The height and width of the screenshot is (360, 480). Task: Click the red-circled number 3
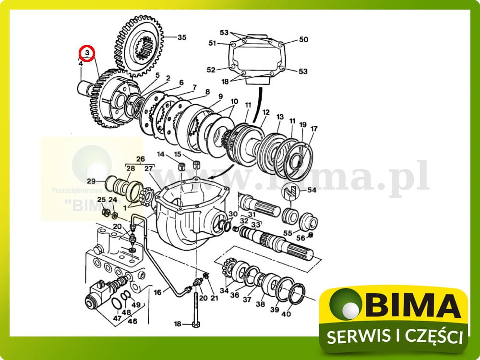click(x=87, y=52)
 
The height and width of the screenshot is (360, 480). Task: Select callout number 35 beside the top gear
click(x=182, y=37)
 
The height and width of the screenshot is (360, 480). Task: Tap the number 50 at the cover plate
click(x=303, y=39)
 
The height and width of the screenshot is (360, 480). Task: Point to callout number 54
click(x=312, y=191)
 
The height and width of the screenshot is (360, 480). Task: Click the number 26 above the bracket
click(x=140, y=159)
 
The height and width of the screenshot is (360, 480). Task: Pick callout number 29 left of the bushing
click(x=91, y=180)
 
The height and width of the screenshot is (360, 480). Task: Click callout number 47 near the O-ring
click(x=117, y=318)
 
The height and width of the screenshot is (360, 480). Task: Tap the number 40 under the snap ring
click(x=286, y=314)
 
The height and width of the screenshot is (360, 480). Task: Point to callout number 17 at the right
click(x=314, y=129)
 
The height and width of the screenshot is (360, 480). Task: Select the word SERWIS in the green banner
click(x=354, y=337)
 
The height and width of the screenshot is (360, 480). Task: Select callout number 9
click(x=220, y=96)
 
